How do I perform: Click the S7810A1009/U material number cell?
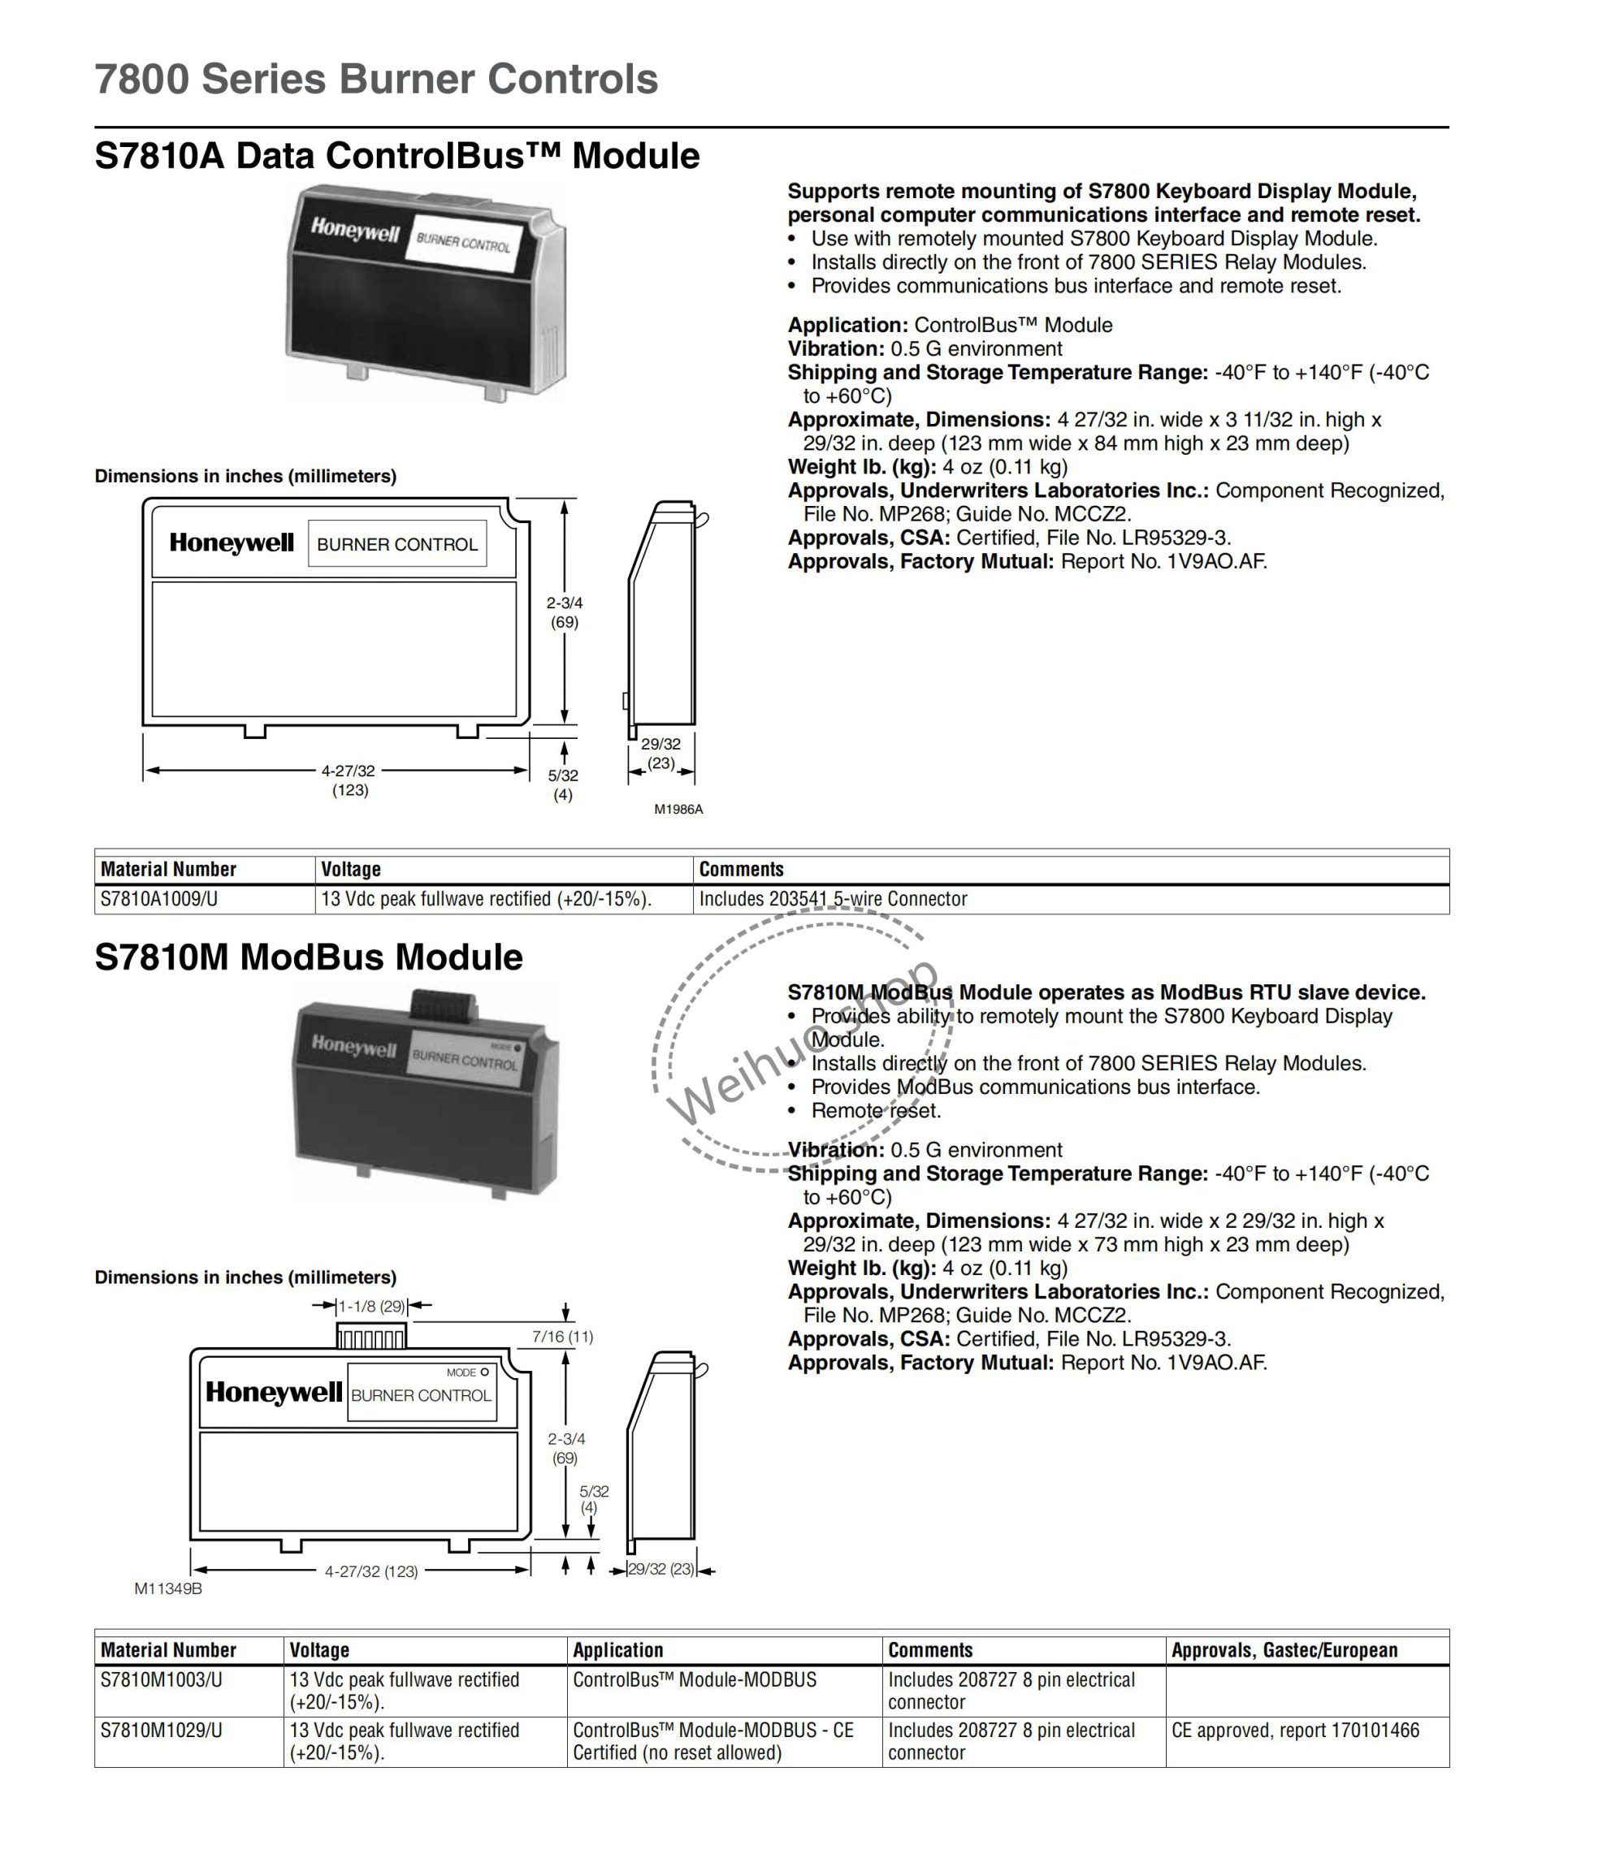[x=159, y=899]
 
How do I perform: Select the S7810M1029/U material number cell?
[x=162, y=1731]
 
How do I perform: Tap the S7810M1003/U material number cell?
[x=162, y=1680]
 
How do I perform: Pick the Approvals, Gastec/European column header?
[x=1284, y=1650]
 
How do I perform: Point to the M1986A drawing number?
[x=678, y=810]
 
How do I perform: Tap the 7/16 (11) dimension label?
[x=562, y=1337]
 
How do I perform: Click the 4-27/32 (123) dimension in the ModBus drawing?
[x=371, y=1571]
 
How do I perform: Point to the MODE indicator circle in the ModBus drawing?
[x=485, y=1372]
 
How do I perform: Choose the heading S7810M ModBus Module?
[x=309, y=957]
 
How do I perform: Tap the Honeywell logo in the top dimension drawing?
[x=232, y=543]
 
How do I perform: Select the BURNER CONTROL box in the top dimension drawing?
[x=397, y=544]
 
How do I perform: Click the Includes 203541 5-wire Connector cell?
[x=833, y=899]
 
